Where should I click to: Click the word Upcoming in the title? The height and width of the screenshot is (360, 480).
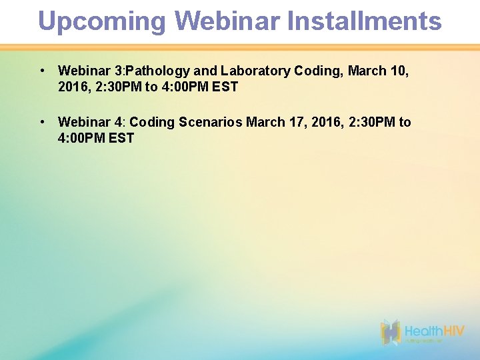point(101,21)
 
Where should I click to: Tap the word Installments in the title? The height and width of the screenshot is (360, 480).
point(365,21)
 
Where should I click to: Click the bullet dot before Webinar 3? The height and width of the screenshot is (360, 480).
point(42,70)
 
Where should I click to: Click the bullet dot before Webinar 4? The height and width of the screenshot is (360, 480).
point(42,122)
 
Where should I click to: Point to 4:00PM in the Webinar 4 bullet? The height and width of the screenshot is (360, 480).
point(83,139)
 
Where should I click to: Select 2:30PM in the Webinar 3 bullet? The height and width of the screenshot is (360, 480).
point(114,87)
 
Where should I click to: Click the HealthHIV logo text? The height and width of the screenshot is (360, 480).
point(435,331)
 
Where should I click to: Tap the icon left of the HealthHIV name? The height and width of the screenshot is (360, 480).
point(391,332)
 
